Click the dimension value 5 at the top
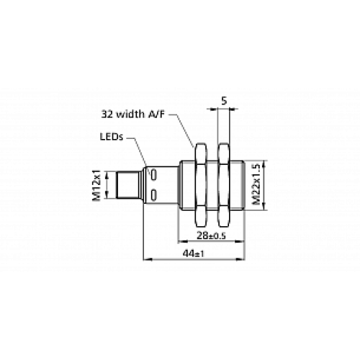[x=225, y=101]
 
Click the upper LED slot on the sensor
[x=155, y=174]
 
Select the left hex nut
[x=199, y=184]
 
